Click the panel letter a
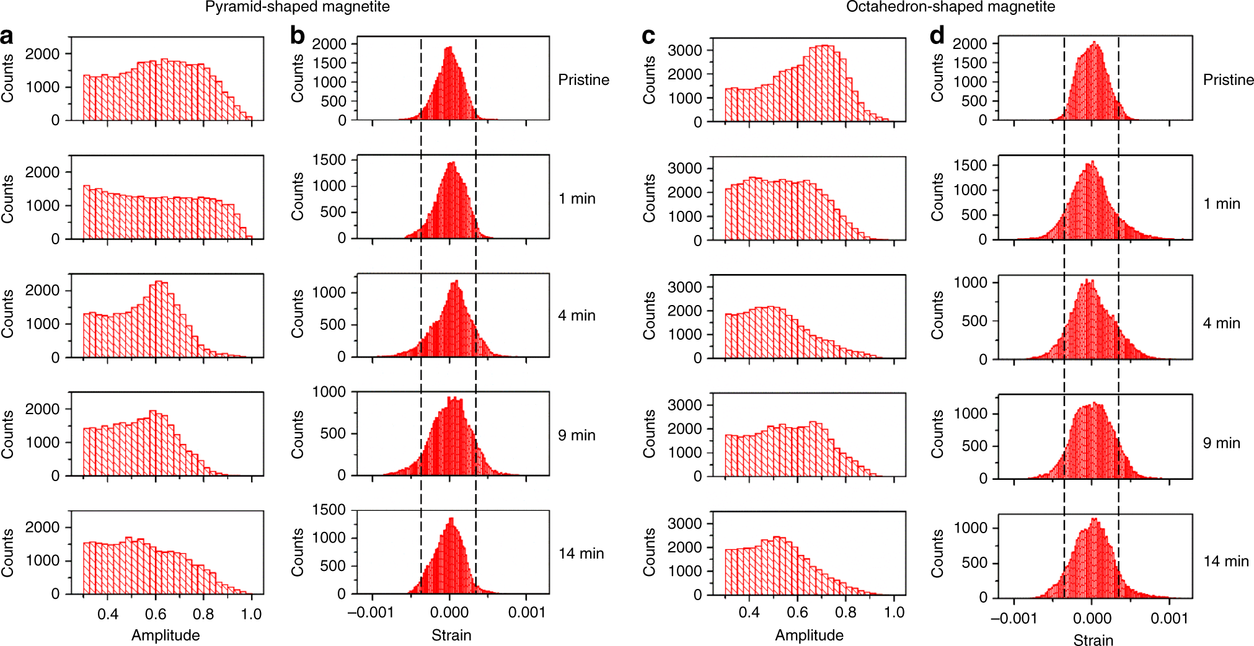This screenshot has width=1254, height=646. [7, 36]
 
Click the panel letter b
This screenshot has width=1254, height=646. [298, 36]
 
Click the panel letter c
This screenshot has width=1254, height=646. [648, 36]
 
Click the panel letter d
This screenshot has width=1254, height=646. [937, 36]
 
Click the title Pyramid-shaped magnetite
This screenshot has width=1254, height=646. [298, 7]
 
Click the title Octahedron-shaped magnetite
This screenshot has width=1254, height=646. [950, 7]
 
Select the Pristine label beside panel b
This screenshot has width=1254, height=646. [583, 80]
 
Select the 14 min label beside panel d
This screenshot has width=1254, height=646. [1225, 562]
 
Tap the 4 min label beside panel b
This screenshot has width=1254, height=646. [576, 316]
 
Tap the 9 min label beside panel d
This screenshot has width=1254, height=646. [1221, 443]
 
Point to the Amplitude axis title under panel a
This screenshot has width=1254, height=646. [166, 635]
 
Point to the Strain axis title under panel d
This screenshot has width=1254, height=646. [1093, 640]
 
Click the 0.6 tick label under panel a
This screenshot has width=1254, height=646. [156, 614]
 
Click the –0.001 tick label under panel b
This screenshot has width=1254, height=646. [371, 613]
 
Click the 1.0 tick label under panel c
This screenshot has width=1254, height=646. [894, 613]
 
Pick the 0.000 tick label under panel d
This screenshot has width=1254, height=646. [1092, 618]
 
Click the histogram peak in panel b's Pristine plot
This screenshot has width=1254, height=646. [449, 48]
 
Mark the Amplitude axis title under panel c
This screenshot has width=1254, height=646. [809, 635]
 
